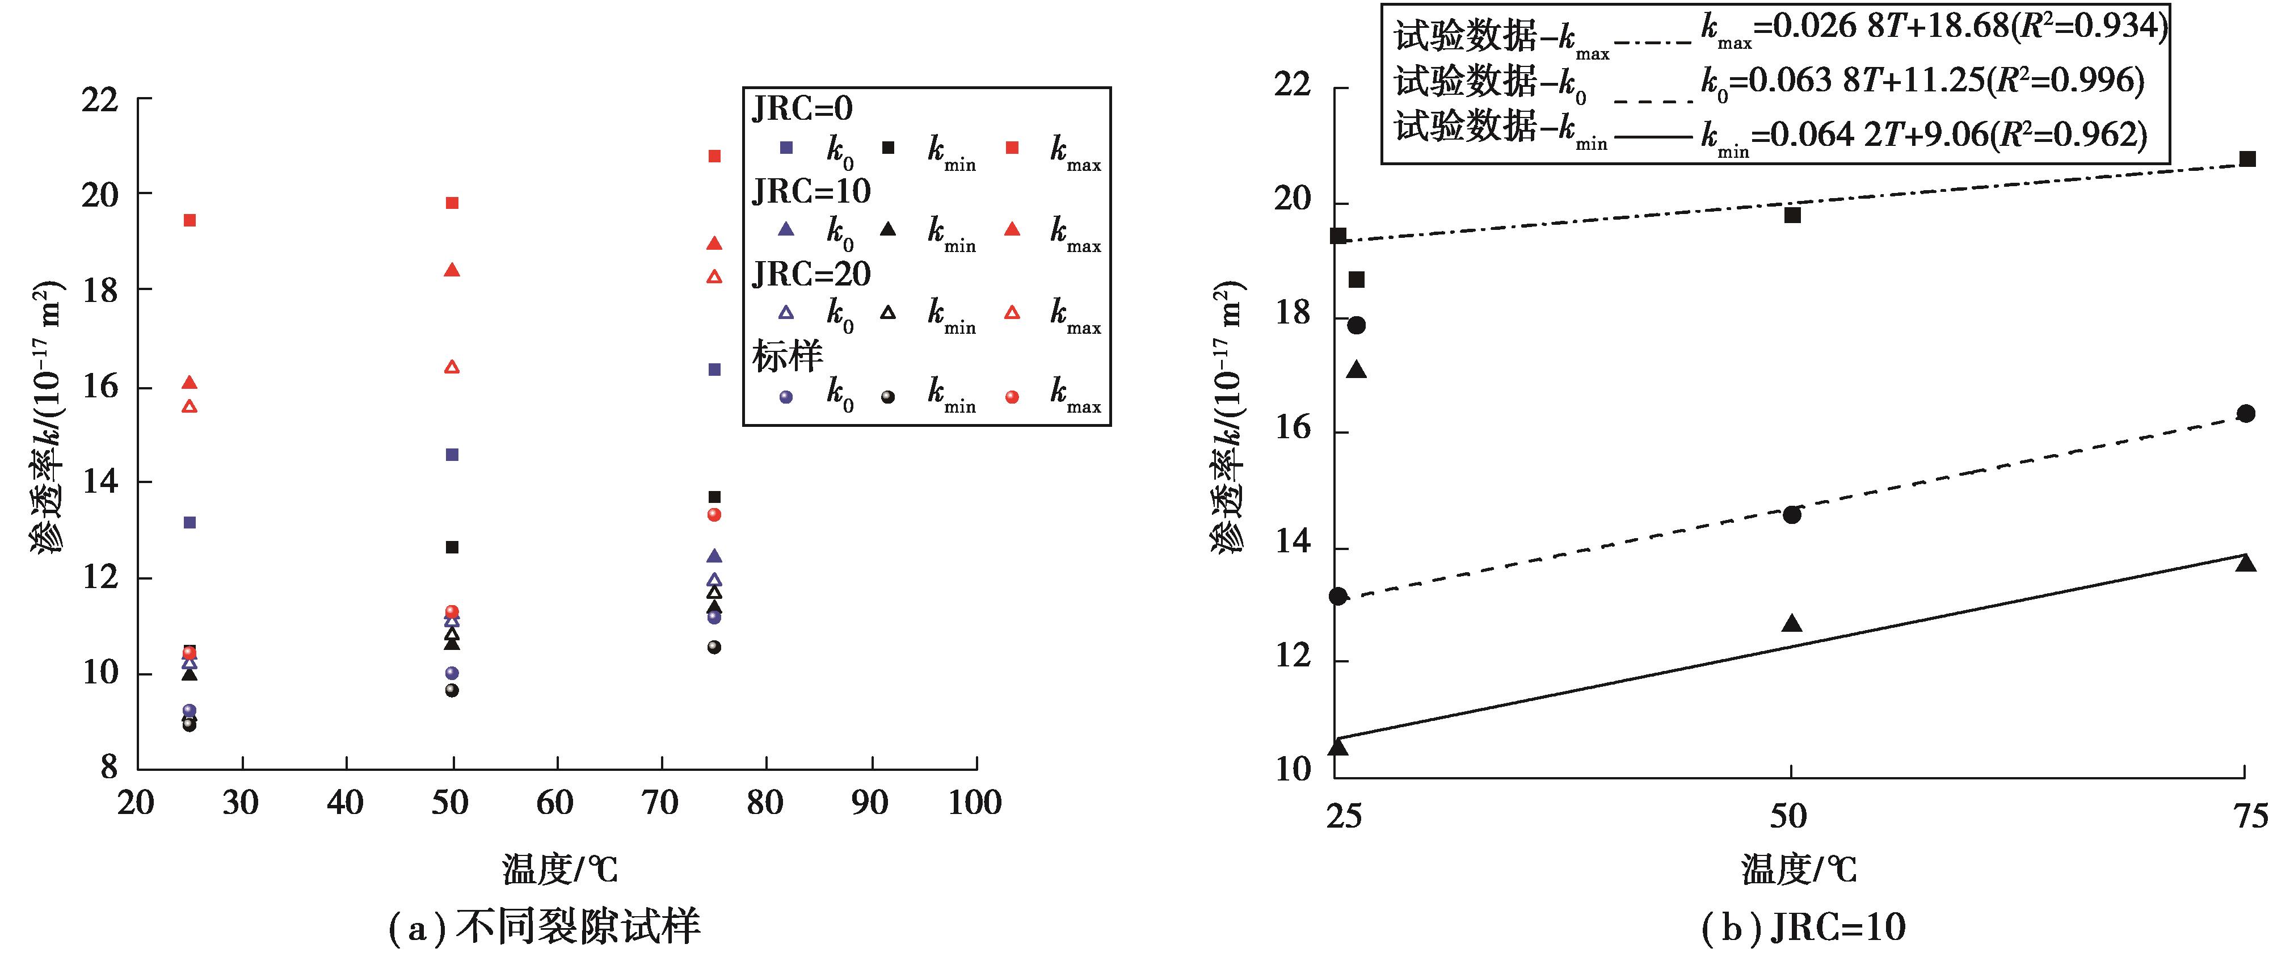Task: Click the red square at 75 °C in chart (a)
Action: coord(714,157)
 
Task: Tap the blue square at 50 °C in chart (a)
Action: coord(452,455)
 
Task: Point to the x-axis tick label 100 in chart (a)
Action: coord(975,803)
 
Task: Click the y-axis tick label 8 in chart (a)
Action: coord(108,767)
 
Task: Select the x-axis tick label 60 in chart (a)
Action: coord(555,803)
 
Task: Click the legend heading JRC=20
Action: coord(811,274)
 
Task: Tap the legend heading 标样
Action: coord(788,356)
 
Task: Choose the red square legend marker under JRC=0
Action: coord(1012,148)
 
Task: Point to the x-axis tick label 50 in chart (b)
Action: coord(1788,816)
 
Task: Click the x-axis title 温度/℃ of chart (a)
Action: coord(560,869)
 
